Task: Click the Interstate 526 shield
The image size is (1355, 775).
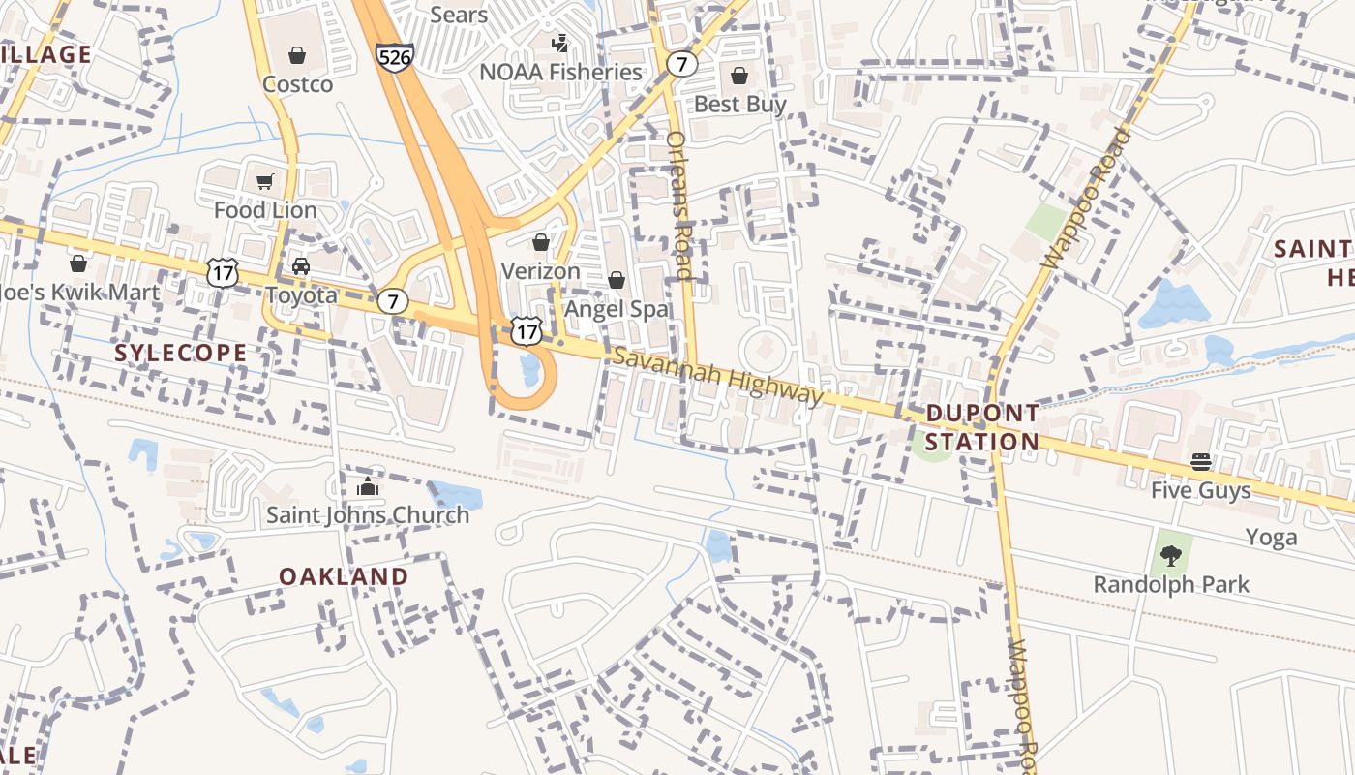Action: pyautogui.click(x=395, y=57)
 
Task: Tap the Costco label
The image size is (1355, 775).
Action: pyautogui.click(x=298, y=84)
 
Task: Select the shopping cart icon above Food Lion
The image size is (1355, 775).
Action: pyautogui.click(x=264, y=181)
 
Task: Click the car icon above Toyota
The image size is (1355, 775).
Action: pyautogui.click(x=301, y=266)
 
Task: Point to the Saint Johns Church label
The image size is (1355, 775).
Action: pyautogui.click(x=368, y=514)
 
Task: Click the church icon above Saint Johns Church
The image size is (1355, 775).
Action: pyautogui.click(x=367, y=487)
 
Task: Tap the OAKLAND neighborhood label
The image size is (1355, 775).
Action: pyautogui.click(x=344, y=576)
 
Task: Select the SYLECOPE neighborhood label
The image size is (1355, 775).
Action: pyautogui.click(x=181, y=353)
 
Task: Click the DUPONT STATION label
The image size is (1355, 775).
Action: pyautogui.click(x=981, y=427)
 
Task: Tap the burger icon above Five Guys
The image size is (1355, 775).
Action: pyautogui.click(x=1201, y=462)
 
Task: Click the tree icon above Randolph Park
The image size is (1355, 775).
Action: pyautogui.click(x=1171, y=556)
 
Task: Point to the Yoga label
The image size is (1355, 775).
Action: pyautogui.click(x=1271, y=538)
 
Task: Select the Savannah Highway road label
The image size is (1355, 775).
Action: pyautogui.click(x=717, y=376)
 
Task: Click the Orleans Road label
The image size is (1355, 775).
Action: pyautogui.click(x=680, y=205)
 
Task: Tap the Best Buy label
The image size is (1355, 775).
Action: pyautogui.click(x=740, y=104)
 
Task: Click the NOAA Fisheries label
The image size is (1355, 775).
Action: pyautogui.click(x=561, y=72)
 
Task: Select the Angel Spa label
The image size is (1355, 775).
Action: pyautogui.click(x=617, y=309)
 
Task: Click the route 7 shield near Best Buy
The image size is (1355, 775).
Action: pyautogui.click(x=682, y=65)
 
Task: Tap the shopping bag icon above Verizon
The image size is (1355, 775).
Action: pyautogui.click(x=540, y=242)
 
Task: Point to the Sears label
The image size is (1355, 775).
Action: pyautogui.click(x=459, y=14)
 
